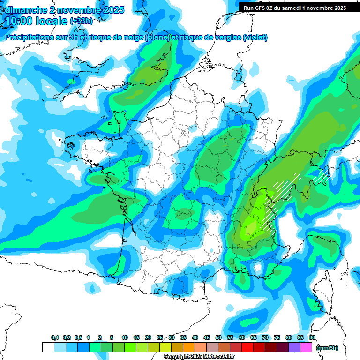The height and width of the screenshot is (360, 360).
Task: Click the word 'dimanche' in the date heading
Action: (x=25, y=9)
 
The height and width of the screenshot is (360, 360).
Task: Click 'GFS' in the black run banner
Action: (x=264, y=7)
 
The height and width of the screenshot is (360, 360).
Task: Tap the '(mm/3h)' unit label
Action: (x=327, y=347)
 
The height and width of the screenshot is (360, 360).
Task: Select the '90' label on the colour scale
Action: (x=312, y=338)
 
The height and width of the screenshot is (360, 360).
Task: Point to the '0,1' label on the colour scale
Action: (x=55, y=338)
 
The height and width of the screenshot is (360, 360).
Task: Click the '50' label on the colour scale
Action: (x=218, y=338)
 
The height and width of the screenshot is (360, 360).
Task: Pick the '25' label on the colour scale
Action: (x=160, y=338)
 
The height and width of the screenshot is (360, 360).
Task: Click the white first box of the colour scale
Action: (x=48, y=347)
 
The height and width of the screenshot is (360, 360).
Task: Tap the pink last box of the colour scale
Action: (x=306, y=347)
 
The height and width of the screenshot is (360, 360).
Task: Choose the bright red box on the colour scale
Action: (x=247, y=347)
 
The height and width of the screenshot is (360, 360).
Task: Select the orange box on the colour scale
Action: (x=189, y=347)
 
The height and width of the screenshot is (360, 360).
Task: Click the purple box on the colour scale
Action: (x=294, y=347)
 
